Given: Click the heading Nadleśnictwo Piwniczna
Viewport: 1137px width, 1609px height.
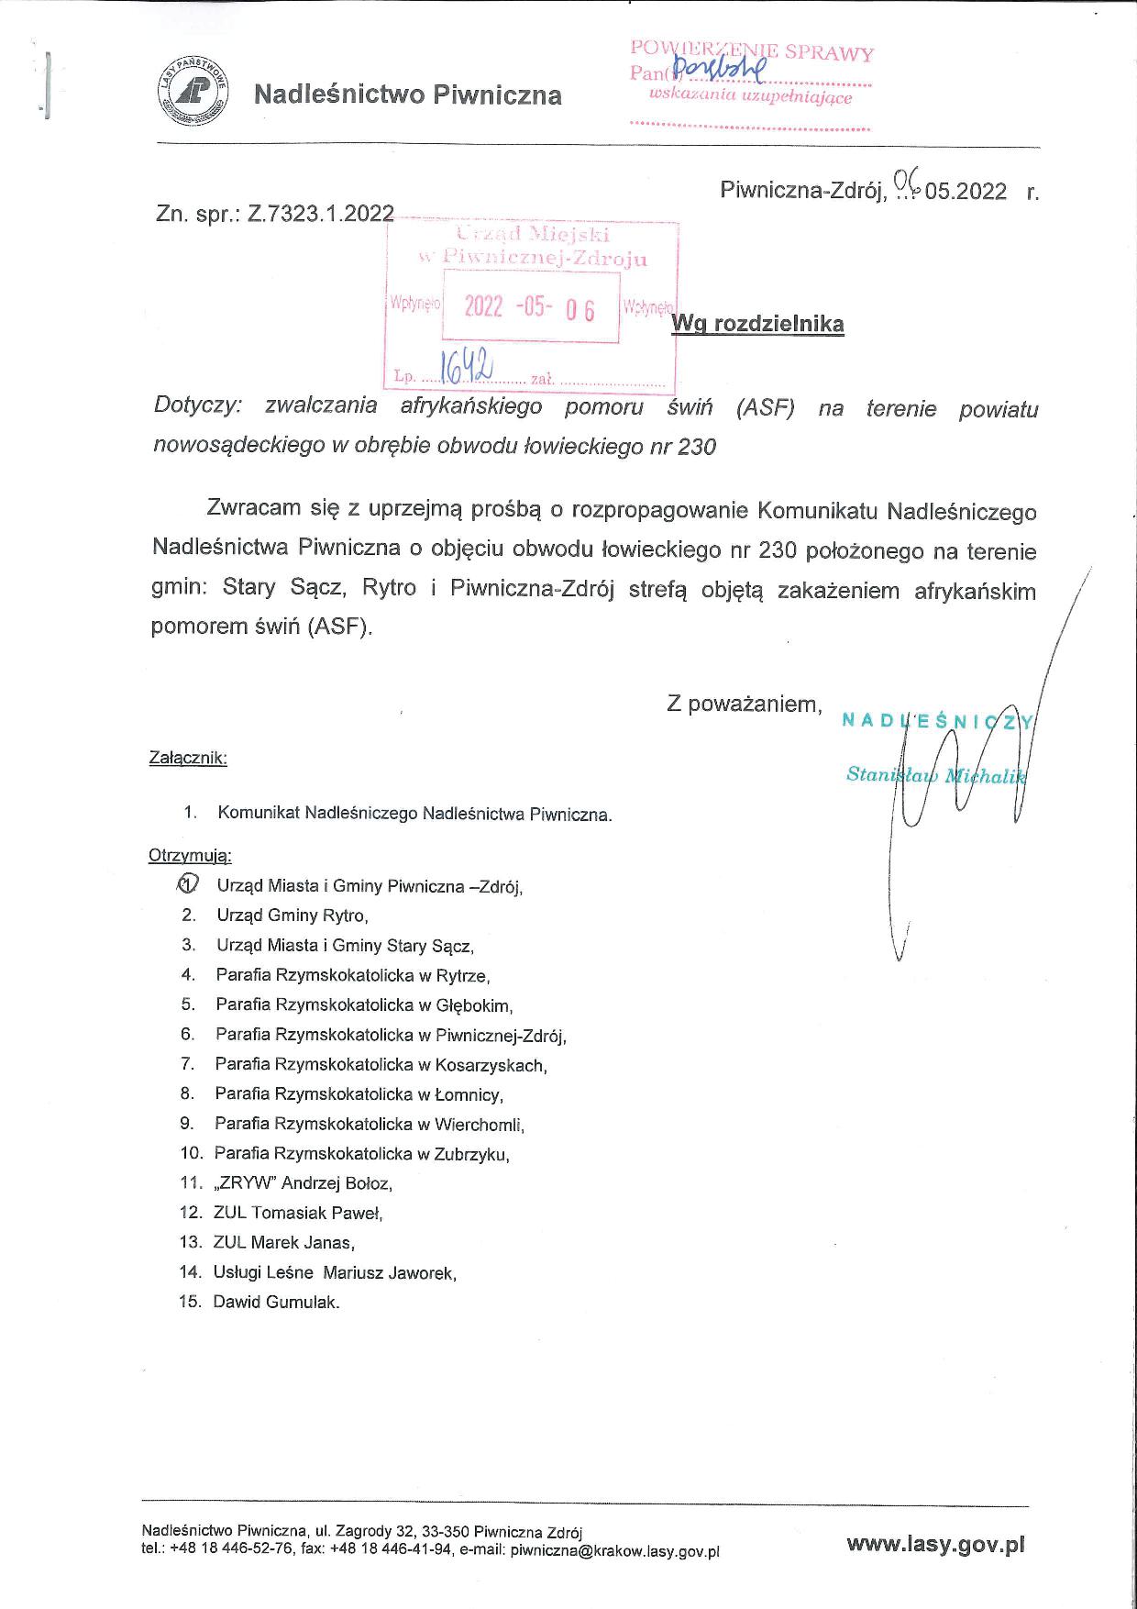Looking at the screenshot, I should point(407,94).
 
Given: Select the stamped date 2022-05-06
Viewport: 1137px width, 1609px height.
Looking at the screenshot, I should point(529,307).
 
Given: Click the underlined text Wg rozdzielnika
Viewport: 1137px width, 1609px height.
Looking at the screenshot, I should point(757,324).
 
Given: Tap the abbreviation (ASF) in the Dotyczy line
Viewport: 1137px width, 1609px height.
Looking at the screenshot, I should point(764,408).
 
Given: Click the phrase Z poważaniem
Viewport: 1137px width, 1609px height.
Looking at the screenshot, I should point(744,704).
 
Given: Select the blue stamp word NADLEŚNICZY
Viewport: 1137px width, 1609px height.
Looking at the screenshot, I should point(938,721).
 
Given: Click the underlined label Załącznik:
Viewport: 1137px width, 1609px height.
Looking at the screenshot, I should point(188,759).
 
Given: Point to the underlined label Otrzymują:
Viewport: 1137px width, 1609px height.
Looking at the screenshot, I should point(190,856).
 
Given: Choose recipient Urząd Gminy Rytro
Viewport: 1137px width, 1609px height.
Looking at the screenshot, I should point(292,915).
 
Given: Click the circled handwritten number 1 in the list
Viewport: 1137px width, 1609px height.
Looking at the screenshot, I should point(187,884).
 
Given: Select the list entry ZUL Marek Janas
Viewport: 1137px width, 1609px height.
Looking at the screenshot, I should point(283,1243).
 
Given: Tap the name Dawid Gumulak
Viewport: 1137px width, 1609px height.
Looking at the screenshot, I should point(276,1302).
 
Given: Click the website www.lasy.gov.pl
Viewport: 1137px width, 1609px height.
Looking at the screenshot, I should point(935,1544).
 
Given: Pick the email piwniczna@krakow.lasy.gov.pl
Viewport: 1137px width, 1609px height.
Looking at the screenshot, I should point(614,1551).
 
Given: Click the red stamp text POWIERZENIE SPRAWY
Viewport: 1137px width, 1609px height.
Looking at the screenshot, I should point(752,52).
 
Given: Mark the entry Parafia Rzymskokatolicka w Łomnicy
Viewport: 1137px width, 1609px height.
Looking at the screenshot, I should point(359,1094).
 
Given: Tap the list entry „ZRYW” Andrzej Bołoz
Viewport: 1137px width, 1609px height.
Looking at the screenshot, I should point(303,1183).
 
